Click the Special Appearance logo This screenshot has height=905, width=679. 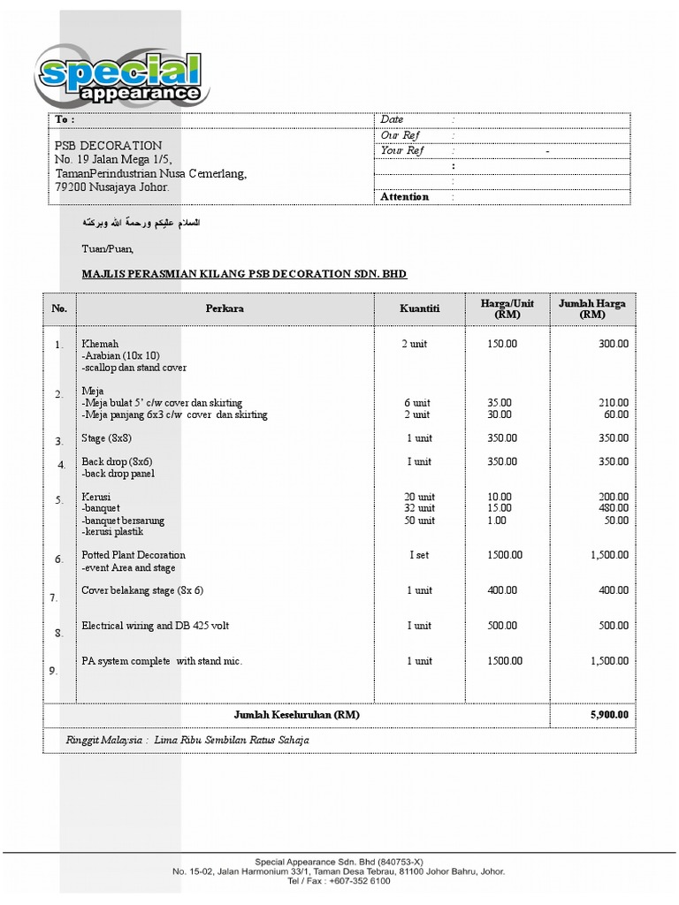(x=120, y=79)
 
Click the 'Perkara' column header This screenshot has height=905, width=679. (x=225, y=308)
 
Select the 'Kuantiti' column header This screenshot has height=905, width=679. (x=419, y=308)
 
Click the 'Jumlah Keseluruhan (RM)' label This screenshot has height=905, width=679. (x=296, y=714)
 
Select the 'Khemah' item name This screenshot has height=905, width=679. (x=100, y=343)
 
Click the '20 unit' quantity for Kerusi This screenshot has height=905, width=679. (x=419, y=497)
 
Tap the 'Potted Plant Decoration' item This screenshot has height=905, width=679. (x=134, y=555)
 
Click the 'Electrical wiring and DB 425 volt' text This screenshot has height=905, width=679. (x=155, y=626)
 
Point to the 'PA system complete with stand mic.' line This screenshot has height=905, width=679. (x=162, y=661)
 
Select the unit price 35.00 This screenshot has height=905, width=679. (x=500, y=402)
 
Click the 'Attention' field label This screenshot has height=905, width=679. (x=404, y=197)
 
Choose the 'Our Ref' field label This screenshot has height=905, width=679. (x=400, y=135)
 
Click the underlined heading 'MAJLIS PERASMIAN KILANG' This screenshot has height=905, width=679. (x=243, y=274)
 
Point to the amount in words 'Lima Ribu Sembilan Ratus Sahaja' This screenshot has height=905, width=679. (x=231, y=740)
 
